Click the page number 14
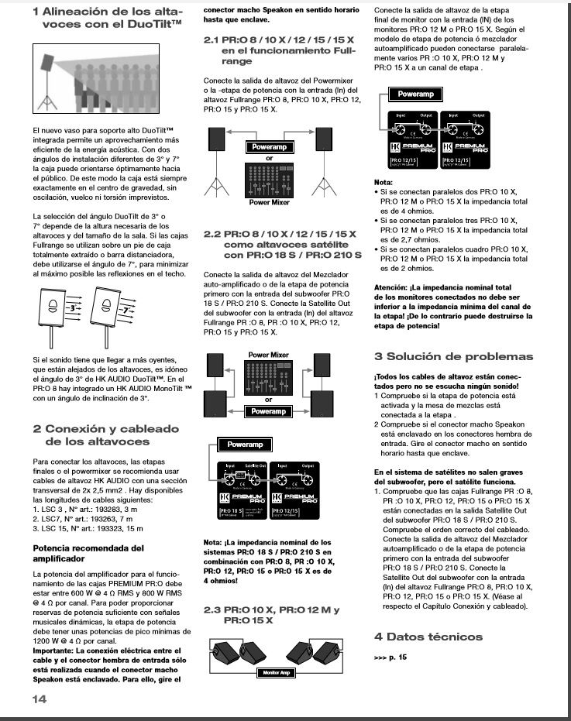(x=40, y=699)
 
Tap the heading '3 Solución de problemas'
(x=453, y=356)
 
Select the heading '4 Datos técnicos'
(x=428, y=637)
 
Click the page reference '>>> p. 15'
(x=390, y=656)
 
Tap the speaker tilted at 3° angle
(x=53, y=308)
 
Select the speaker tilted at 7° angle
(x=105, y=308)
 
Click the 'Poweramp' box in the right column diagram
(x=415, y=94)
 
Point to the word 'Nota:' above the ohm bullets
(x=384, y=180)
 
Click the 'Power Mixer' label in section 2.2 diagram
(x=268, y=355)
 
